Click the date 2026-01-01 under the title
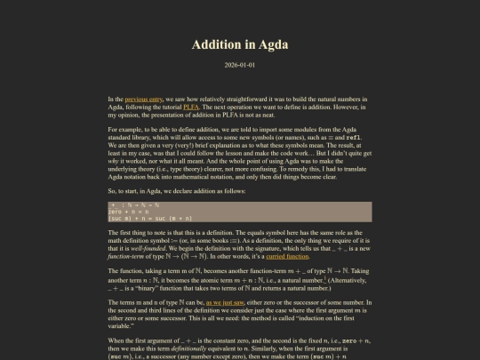(x=240, y=65)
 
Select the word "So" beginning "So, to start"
(x=112, y=192)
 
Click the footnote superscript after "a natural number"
(x=315, y=277)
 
